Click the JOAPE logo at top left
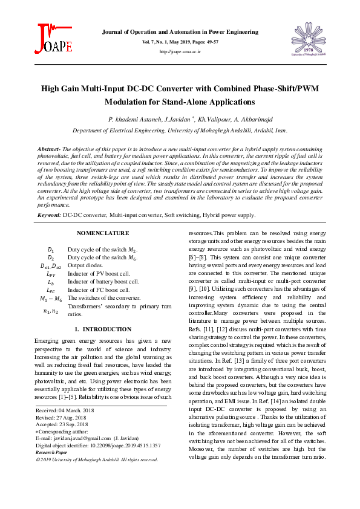(55, 39)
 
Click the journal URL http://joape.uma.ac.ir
(180, 53)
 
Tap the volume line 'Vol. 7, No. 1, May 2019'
(180, 42)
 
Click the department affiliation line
(180, 130)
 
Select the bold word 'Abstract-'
(48, 148)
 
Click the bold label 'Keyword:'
(49, 215)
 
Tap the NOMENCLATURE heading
(102, 233)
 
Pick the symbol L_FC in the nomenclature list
(51, 290)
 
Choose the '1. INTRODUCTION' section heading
(102, 329)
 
